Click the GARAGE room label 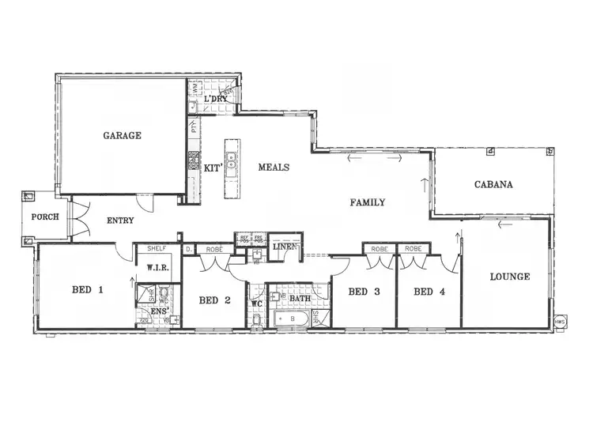tap(122, 135)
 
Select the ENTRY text tap(119, 221)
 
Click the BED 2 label tap(214, 300)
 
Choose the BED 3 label tap(364, 292)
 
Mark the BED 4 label tap(429, 292)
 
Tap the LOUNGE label tap(509, 277)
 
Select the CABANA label tap(493, 185)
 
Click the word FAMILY tap(368, 202)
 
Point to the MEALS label tap(274, 168)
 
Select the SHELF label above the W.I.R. tap(157, 248)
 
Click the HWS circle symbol tap(560, 322)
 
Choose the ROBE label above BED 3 tap(378, 248)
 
